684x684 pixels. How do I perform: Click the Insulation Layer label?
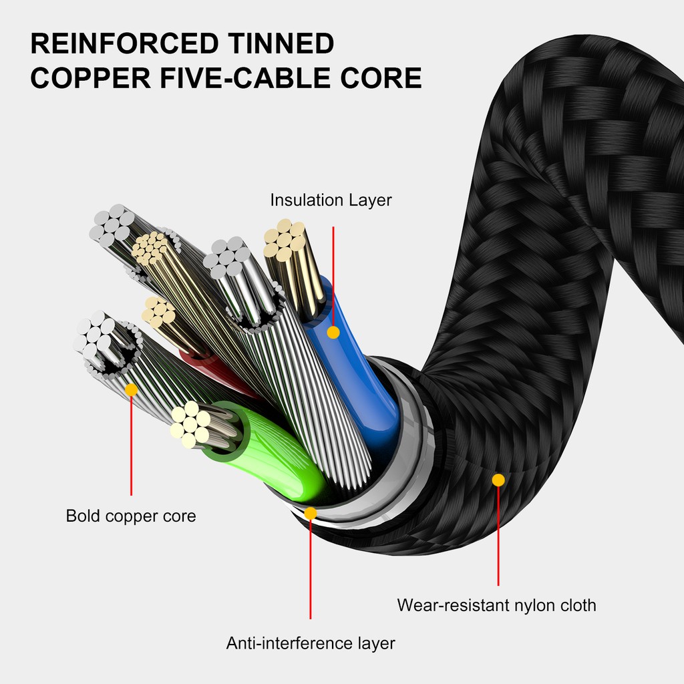331,200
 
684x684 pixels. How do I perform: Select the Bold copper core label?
131,516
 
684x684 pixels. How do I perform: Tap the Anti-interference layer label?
311,643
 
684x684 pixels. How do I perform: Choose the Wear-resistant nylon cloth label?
496,605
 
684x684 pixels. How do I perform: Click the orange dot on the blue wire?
333,332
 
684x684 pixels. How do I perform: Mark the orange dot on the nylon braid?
498,480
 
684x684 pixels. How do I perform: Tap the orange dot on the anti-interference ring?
311,513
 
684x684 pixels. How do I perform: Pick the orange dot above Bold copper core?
131,389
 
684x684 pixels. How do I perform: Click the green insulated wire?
281,454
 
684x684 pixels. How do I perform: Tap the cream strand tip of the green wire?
190,424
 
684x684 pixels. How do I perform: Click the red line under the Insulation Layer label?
333,274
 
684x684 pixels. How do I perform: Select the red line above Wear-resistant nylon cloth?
498,534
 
